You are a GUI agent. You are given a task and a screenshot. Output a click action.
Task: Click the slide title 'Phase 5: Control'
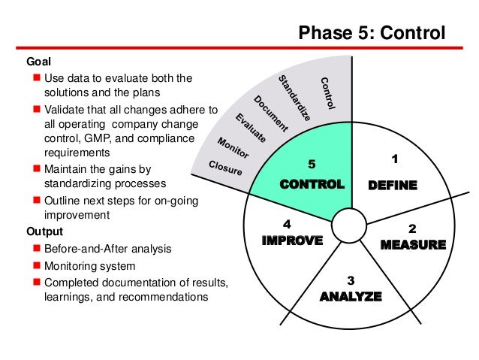pos(372,33)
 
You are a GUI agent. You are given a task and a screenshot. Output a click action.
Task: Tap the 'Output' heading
pos(44,231)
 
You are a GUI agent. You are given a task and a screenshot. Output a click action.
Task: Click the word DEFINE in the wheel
pos(392,186)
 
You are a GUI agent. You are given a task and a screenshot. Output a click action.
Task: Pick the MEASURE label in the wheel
pos(413,244)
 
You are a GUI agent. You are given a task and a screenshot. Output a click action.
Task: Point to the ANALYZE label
pos(351,296)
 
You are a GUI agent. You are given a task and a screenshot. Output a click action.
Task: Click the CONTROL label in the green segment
pos(312,184)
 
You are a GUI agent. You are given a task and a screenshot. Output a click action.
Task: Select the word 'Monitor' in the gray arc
pos(233,147)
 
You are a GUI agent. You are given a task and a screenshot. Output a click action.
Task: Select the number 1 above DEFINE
pos(396,159)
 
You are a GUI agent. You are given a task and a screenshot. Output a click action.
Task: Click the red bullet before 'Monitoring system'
pos(36,266)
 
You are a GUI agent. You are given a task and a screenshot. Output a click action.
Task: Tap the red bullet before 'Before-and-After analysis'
pos(36,249)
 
